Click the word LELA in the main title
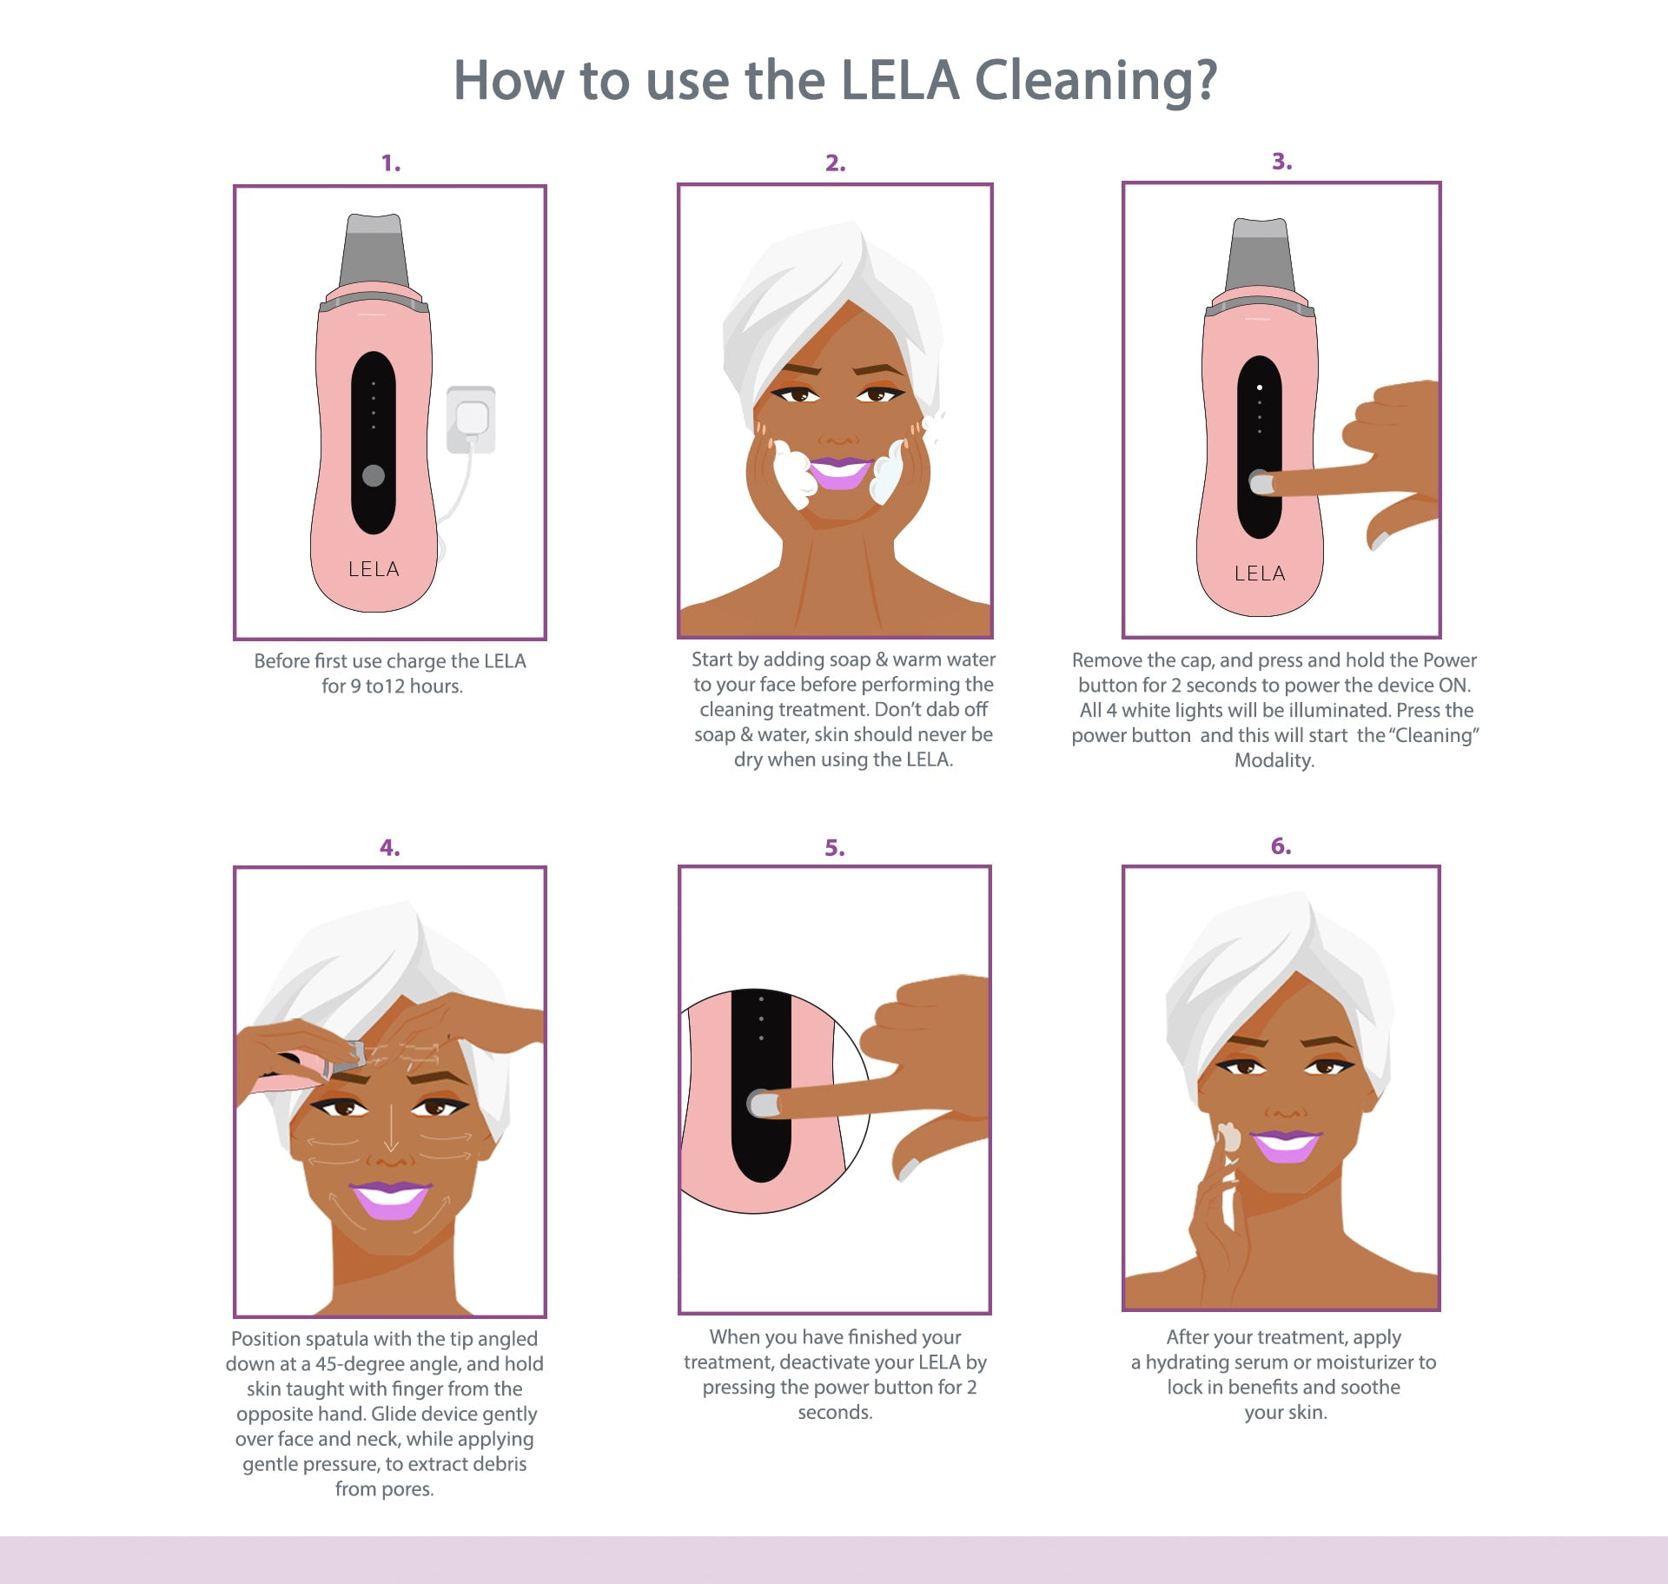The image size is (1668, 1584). [900, 80]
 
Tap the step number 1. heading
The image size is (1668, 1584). [391, 162]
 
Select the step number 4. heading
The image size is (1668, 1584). [390, 847]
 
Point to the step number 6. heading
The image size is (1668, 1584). [1281, 845]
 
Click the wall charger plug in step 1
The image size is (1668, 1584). [471, 420]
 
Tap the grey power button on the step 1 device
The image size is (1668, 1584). [374, 475]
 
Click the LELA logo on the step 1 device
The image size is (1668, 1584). [374, 569]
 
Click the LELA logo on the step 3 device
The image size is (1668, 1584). [1260, 573]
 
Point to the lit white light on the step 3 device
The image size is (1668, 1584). [1260, 388]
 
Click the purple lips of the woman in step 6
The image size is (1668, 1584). [1286, 1145]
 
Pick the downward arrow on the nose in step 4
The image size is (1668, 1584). [391, 1128]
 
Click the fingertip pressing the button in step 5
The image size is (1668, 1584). [764, 1104]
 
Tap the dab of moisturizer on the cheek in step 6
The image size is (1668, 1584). [1229, 1137]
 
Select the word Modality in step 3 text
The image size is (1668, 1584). [1273, 760]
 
